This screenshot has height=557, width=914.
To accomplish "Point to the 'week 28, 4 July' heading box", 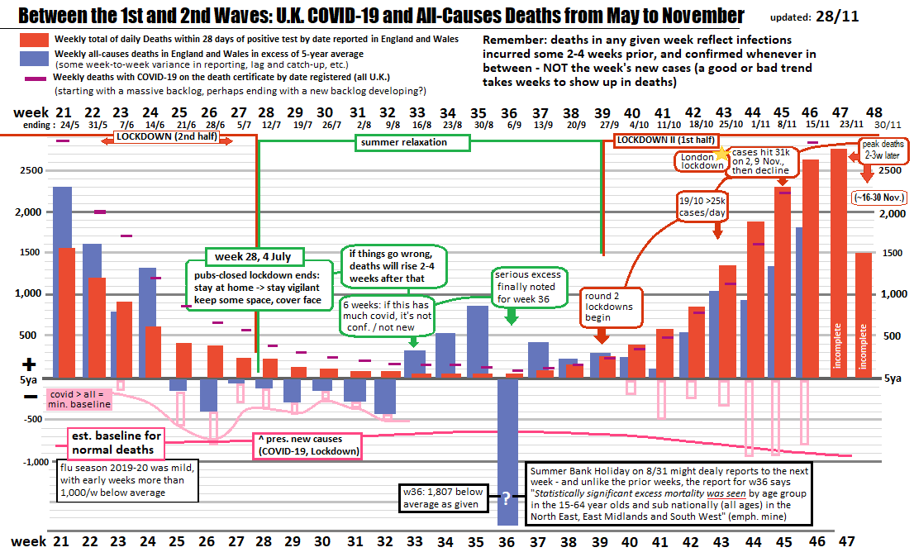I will (x=255, y=255).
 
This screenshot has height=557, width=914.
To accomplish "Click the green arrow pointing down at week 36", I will (x=512, y=313).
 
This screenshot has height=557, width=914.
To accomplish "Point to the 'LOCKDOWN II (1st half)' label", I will (x=665, y=140).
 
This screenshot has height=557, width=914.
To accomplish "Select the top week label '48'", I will (x=874, y=112).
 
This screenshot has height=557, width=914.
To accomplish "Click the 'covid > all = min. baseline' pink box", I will (x=80, y=399).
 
